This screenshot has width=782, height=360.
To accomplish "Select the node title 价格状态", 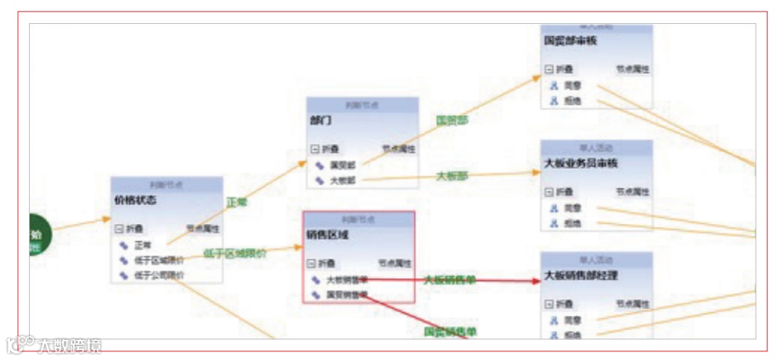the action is (135, 199).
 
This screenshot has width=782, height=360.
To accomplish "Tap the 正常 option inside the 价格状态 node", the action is (143, 245).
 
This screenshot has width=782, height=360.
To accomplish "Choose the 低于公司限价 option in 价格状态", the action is (159, 275).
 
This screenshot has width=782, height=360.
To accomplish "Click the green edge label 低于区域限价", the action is (234, 254).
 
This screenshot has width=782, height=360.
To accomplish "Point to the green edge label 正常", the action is (237, 202).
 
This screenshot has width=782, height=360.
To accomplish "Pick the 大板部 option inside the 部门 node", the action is (342, 180).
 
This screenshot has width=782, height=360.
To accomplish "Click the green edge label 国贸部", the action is (452, 120).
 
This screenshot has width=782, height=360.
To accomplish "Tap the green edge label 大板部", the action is (452, 176).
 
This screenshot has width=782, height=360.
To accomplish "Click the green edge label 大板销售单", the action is (450, 280).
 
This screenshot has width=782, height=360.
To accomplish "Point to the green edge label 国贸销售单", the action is (450, 332).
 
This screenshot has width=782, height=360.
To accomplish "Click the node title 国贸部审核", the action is (571, 41).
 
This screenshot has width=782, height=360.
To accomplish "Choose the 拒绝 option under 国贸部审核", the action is (573, 101).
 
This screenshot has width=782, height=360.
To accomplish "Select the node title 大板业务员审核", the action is (581, 163).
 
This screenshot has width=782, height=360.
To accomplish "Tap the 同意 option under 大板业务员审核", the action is (573, 208).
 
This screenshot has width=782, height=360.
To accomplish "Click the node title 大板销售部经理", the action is (581, 275).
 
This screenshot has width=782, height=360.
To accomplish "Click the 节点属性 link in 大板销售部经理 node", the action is (632, 304).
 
